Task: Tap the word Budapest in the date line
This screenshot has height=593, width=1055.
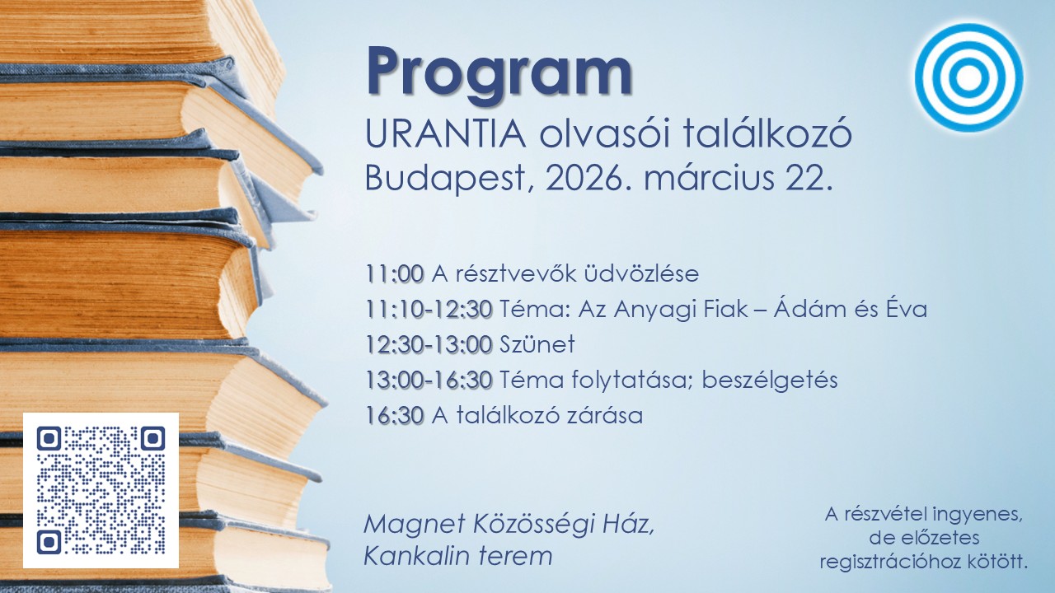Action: [x=446, y=180]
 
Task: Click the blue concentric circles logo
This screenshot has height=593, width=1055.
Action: [x=968, y=77]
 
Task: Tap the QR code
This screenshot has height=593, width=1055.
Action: [x=101, y=490]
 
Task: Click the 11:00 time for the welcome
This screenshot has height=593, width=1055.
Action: [x=395, y=274]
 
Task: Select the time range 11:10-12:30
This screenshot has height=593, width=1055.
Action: [x=429, y=309]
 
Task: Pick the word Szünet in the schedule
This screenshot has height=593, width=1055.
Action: [x=537, y=344]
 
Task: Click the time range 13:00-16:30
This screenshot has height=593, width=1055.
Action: [x=429, y=381]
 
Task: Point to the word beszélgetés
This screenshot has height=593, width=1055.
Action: [x=770, y=381]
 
